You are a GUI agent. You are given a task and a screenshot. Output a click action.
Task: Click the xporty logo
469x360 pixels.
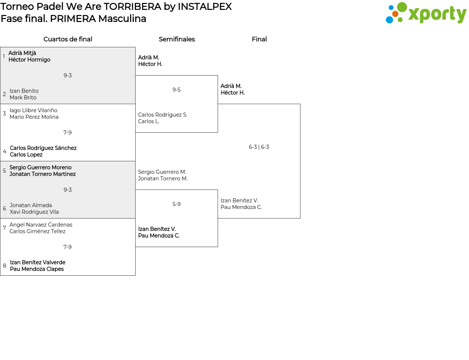coord(426,13)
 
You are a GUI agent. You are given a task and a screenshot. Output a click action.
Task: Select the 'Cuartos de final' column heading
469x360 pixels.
coord(68,39)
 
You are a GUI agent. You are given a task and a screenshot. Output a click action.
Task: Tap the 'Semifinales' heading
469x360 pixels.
coord(177,39)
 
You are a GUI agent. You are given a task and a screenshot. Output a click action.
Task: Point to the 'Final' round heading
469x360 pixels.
coord(259,39)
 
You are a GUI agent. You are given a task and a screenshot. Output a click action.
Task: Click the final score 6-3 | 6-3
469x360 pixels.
coord(259,147)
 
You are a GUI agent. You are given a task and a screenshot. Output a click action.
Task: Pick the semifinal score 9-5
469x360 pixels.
coord(176,90)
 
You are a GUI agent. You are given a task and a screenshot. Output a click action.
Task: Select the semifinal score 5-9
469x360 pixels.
coord(176,204)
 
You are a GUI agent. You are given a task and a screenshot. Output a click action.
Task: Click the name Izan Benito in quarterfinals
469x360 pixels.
coord(24,91)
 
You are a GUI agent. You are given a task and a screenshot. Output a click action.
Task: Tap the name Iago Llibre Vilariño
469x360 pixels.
coord(33,110)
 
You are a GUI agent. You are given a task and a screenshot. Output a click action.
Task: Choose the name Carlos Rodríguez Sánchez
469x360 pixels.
coord(43,148)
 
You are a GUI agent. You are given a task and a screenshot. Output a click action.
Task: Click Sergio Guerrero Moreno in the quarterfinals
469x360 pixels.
coord(40,168)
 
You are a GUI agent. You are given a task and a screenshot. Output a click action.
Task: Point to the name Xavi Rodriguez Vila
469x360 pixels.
coord(34,212)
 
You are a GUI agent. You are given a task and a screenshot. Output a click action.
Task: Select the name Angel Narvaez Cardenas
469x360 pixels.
coord(41,225)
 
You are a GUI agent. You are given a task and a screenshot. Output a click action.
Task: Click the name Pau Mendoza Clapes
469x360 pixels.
coord(37,269)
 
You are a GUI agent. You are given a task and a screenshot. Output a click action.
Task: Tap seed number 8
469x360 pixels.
coord(4,266)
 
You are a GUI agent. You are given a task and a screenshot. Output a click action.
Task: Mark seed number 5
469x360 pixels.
coord(4,171)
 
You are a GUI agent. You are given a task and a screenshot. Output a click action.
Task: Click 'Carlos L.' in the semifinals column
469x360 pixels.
coord(148,121)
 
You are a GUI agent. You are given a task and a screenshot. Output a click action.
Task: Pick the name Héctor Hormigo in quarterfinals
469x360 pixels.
coord(29,60)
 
